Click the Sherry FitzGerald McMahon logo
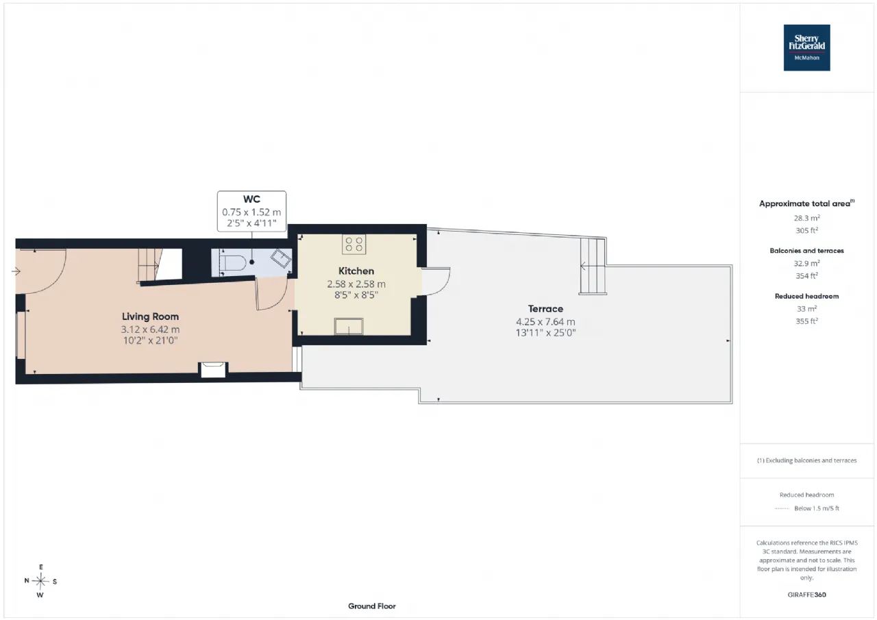[806, 48]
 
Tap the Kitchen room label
[356, 271]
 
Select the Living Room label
[150, 317]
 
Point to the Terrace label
[545, 309]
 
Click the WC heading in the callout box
[251, 199]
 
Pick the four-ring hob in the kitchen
[354, 245]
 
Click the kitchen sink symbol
[349, 326]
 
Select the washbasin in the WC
[281, 258]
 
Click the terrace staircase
[593, 266]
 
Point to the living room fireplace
[213, 369]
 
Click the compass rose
[40, 581]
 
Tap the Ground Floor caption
[371, 606]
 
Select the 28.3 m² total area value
[806, 218]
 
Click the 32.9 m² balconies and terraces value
[806, 263]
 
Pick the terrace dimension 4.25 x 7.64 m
[545, 322]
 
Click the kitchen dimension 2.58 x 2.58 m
[356, 284]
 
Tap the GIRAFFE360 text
[806, 595]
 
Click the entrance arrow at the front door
[16, 271]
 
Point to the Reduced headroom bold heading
[806, 297]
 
